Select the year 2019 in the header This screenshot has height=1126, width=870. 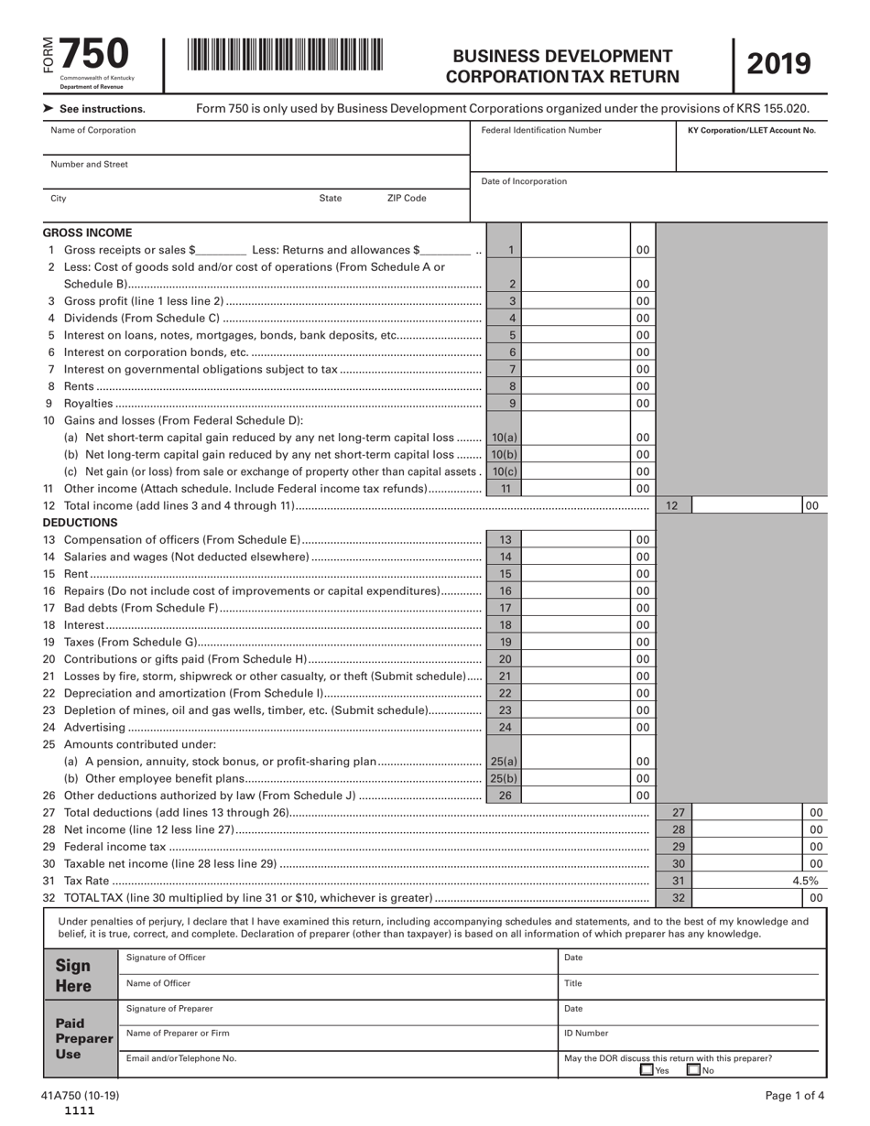click(x=779, y=64)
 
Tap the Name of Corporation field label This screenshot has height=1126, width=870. click(x=92, y=130)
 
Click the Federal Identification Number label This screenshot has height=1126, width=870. click(x=541, y=130)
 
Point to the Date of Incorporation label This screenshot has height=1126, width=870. click(x=524, y=181)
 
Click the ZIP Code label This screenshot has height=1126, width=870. click(x=406, y=198)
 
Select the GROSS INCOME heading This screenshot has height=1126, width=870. click(x=87, y=233)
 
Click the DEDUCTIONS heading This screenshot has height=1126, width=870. click(x=81, y=522)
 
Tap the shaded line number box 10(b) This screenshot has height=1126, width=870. click(x=504, y=455)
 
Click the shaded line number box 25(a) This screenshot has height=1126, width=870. click(x=504, y=762)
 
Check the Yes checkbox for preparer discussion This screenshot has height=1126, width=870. click(x=647, y=1069)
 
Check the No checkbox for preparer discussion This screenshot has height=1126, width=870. click(x=694, y=1069)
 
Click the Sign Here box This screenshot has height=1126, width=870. click(x=74, y=976)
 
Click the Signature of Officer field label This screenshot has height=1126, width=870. click(x=166, y=958)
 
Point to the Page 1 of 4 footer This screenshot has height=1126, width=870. click(x=795, y=1096)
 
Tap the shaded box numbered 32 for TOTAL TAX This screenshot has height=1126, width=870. click(x=679, y=898)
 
